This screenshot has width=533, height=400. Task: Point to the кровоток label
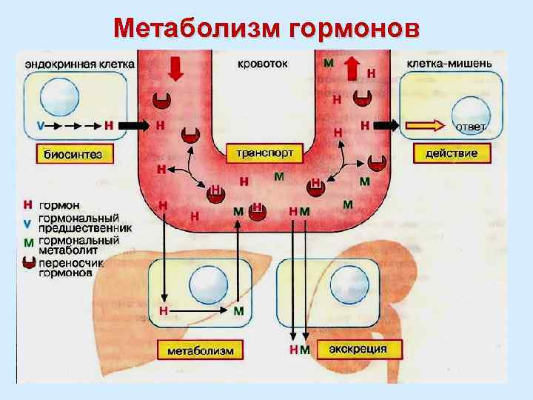[263, 63]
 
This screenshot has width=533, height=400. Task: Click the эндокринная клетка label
[79, 64]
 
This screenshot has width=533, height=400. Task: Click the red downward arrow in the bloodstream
[175, 67]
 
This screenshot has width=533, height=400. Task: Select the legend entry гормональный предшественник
[78, 224]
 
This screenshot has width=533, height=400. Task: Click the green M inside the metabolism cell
[238, 311]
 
